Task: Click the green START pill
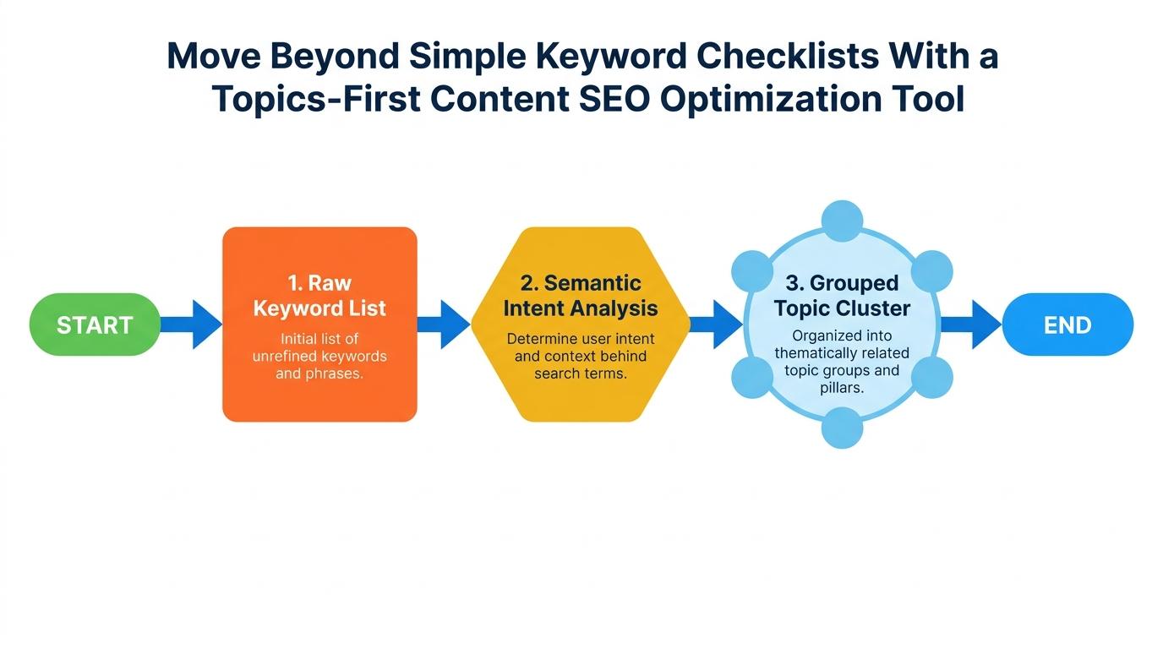[x=95, y=324]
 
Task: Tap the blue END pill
[x=1067, y=324]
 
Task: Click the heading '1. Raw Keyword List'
[x=319, y=296]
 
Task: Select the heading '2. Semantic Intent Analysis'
[x=581, y=296]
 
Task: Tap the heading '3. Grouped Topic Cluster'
[x=842, y=295]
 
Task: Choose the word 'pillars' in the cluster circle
[x=842, y=388]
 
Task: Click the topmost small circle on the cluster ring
[x=842, y=221]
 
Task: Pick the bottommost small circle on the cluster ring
[x=842, y=428]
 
